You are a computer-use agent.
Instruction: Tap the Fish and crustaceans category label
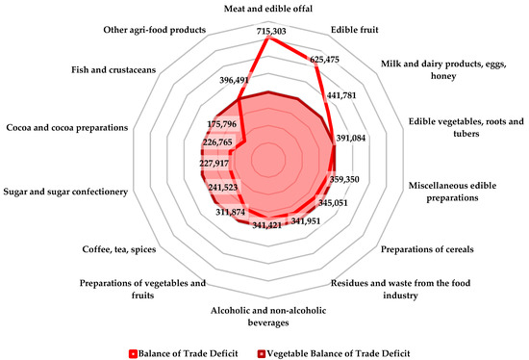[x=115, y=68]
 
